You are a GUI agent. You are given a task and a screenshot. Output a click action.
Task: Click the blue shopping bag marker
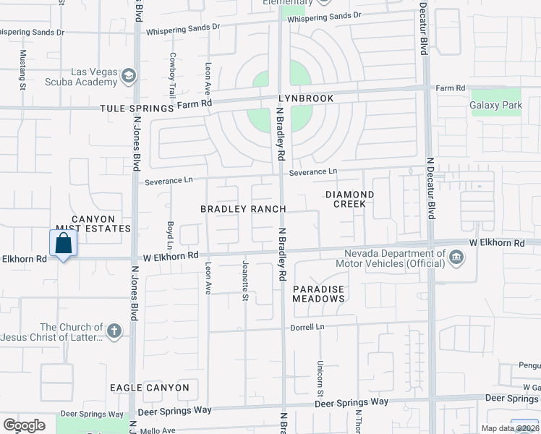pos(63,244)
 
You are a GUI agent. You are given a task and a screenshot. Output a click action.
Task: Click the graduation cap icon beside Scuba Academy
pos(129,75)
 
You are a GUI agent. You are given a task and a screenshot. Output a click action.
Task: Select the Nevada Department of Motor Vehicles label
pos(394,258)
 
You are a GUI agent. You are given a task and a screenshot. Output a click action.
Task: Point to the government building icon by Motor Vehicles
pos(456,258)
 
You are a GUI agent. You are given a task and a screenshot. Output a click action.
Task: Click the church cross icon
pos(114,331)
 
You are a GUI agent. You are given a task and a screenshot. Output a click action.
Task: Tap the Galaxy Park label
pos(495,106)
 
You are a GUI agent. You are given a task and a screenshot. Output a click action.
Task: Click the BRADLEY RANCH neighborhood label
pos(243,209)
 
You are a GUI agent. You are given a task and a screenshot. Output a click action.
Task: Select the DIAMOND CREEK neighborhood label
pos(349,199)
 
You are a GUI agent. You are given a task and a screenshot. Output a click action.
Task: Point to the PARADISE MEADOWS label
pos(318,294)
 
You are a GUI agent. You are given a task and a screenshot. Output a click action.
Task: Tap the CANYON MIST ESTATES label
pos(93,224)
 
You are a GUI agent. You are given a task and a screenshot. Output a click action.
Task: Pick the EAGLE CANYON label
pos(150,388)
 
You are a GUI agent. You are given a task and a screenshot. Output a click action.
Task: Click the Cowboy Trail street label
pos(172,75)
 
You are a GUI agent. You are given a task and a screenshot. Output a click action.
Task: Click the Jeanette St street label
pos(245,281)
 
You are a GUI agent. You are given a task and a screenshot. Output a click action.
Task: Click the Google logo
pos(24,425)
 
